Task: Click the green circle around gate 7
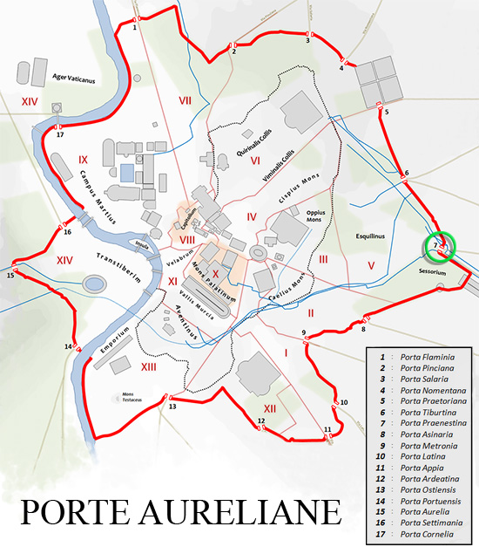[439, 246]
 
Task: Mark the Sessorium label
[432, 272]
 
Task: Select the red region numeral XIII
[148, 368]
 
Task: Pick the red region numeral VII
[185, 100]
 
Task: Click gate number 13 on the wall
[172, 407]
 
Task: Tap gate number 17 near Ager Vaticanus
[59, 135]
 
